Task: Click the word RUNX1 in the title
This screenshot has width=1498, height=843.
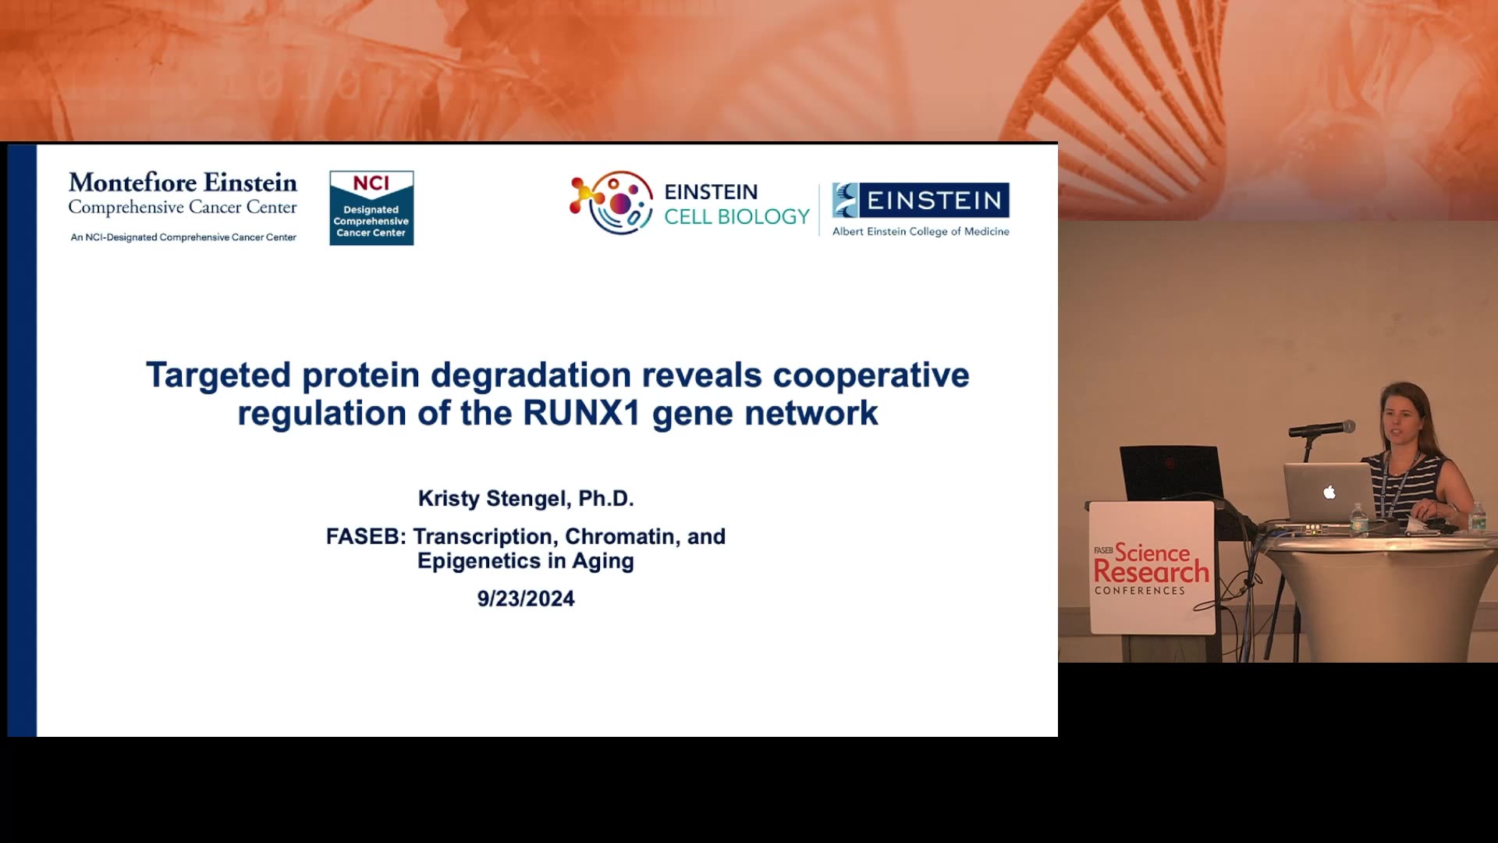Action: (581, 413)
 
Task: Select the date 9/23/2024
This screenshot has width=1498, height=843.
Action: (526, 599)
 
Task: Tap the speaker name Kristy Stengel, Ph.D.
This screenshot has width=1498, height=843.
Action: (526, 498)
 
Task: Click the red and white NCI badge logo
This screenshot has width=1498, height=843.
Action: (371, 208)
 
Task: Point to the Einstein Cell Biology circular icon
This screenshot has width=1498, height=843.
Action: (612, 202)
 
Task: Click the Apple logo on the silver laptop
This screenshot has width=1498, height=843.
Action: (1329, 492)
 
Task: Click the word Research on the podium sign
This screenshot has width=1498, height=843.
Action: (1151, 572)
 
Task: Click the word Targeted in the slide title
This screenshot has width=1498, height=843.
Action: (218, 375)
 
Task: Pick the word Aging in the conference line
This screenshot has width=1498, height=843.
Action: (603, 562)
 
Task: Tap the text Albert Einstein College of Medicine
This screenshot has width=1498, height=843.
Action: (921, 231)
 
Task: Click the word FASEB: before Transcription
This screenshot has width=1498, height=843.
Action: (366, 536)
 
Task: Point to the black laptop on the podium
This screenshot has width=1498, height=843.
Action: (1170, 473)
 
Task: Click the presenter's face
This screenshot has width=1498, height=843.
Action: (1400, 422)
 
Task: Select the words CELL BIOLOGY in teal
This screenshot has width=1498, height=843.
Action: (737, 217)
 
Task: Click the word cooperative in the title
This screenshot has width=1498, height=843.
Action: (871, 375)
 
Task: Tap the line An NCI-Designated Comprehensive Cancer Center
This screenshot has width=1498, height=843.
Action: (183, 237)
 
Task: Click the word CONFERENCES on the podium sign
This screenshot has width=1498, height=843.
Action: (1140, 591)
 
